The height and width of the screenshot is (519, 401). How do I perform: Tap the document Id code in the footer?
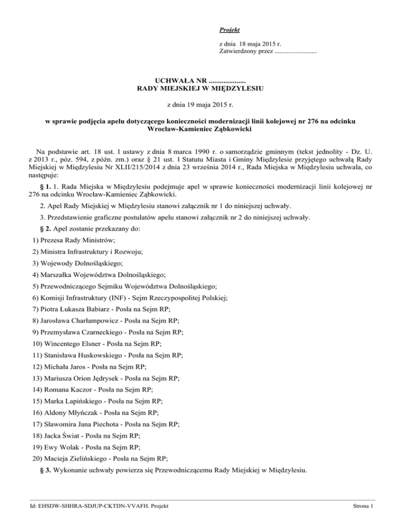[92, 505]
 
